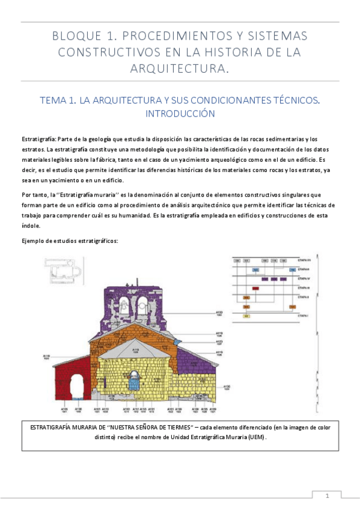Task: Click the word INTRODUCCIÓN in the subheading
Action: point(180,113)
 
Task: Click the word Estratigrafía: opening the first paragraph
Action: point(39,139)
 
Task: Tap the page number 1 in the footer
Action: point(328,496)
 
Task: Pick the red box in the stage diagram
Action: point(256,289)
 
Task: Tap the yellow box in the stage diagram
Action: point(246,316)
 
